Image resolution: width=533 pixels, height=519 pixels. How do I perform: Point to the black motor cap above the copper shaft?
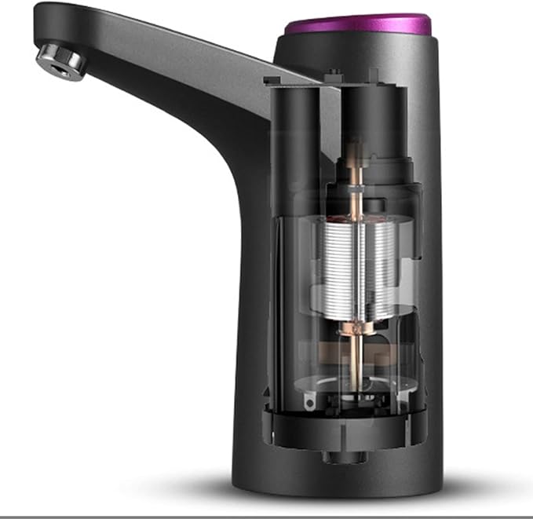[374, 118]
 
